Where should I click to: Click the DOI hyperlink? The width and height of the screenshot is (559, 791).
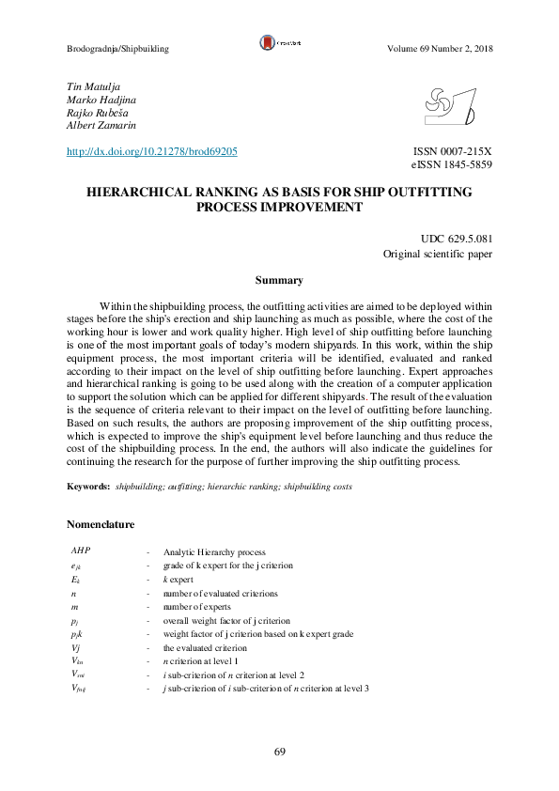pos(151,151)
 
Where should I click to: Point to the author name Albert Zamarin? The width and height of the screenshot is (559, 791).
pos(101,125)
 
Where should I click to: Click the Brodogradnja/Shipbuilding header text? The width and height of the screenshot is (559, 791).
pos(117,49)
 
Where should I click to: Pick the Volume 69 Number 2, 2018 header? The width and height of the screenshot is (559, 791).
pos(440,49)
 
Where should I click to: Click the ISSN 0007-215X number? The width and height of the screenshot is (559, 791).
pos(453,151)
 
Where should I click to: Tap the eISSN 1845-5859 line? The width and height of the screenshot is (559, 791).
pos(452,164)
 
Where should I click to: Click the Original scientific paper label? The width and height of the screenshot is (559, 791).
pos(438,255)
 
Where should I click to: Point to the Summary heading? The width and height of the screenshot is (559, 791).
pos(279,280)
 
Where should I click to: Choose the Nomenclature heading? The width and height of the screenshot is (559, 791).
pos(101,524)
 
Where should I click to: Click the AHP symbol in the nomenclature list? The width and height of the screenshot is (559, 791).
pos(81,551)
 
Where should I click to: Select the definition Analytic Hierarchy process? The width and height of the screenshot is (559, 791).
pos(214,552)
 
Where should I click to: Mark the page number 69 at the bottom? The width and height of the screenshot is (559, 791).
pos(280,752)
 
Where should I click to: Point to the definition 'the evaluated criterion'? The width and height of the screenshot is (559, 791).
pos(206,648)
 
